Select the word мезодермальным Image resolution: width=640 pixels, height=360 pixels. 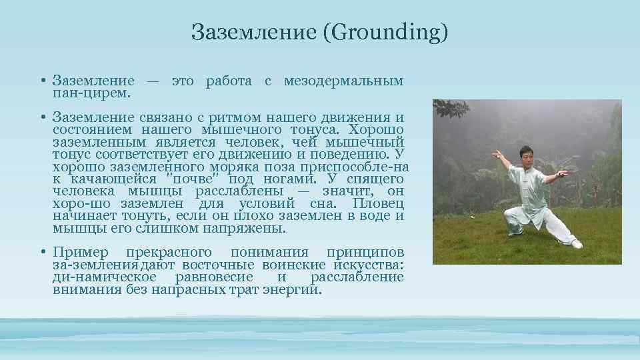coord(343,81)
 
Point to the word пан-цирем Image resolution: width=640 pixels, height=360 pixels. coord(91,93)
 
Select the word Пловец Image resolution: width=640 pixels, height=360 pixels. coord(379,203)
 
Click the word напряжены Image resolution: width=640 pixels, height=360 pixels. coord(246,228)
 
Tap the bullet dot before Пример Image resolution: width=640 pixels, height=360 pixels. coord(42,253)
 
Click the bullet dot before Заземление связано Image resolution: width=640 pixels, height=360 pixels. coord(42,118)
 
